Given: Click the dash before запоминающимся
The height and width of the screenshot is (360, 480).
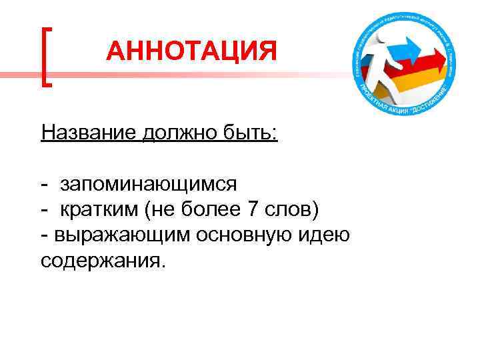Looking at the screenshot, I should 44,183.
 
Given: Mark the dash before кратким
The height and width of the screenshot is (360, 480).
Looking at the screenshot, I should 44,209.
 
